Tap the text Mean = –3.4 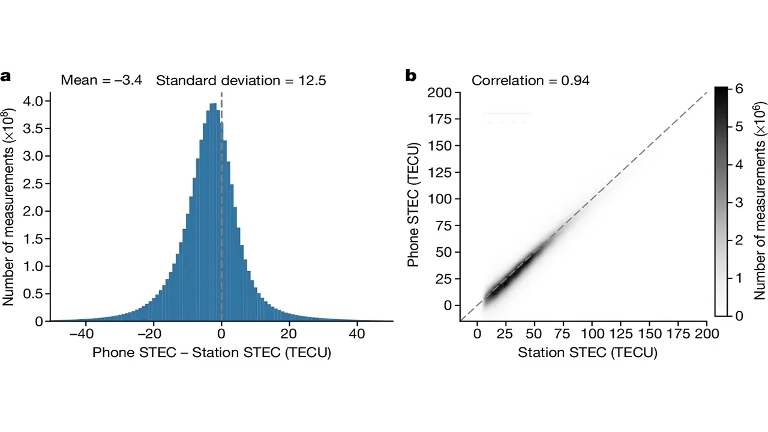(101, 80)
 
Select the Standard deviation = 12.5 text (241, 80)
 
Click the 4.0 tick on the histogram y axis (34, 101)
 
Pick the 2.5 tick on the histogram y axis (34, 184)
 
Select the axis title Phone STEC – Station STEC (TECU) (212, 353)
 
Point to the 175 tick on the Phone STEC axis (441, 119)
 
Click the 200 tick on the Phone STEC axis (441, 93)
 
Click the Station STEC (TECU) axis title (587, 353)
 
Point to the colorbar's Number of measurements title (759, 202)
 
